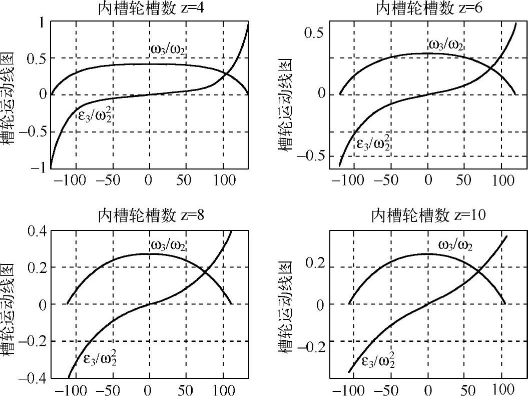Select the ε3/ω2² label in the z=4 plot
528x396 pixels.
(94, 116)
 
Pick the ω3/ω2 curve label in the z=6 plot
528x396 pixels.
(445, 44)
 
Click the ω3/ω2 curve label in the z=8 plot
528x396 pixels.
(168, 246)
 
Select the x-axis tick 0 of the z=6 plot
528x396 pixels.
(428, 180)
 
